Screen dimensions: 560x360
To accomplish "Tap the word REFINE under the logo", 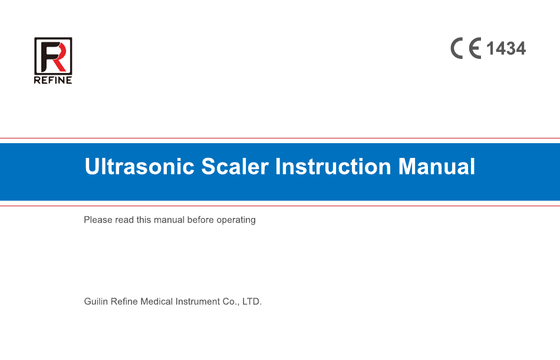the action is coord(53,80).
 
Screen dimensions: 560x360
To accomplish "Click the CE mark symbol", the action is coord(466,48).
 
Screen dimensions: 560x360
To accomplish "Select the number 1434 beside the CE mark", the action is coord(506,48).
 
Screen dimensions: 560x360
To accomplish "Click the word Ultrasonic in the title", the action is coord(139,166).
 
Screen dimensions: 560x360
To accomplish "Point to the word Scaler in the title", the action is coord(235,166).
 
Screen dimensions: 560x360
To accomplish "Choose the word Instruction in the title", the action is coord(333,166).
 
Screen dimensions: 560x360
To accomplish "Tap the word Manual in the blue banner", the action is coord(436,166).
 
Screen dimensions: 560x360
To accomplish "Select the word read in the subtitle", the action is coord(124,220).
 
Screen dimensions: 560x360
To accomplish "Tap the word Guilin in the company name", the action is coord(96,302).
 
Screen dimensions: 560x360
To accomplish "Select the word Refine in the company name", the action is coord(124,302).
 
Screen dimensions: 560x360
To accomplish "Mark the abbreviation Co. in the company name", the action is coord(230,302).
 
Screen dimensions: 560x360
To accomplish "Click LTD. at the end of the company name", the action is coord(252,302).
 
